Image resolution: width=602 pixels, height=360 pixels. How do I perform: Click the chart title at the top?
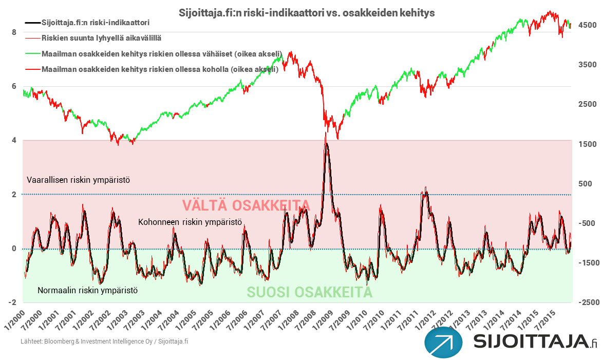306,13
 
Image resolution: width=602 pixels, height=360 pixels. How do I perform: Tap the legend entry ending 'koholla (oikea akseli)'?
160,69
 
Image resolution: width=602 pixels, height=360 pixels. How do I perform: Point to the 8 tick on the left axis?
14,32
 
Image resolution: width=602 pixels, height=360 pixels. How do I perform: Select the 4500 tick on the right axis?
588,25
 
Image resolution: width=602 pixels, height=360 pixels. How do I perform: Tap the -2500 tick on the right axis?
588,302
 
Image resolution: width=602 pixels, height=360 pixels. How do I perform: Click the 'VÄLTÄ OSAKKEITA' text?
246,205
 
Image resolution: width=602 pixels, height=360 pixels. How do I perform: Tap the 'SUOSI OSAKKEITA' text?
309,292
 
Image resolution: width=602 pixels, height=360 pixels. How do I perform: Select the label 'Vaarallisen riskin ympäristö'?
78,180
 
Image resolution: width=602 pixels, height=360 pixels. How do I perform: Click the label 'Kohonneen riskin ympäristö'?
190,222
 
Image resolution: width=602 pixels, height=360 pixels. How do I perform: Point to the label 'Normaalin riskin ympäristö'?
87,291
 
